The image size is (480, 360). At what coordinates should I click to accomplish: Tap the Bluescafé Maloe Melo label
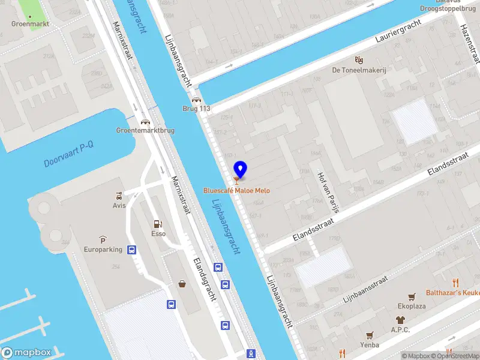coord(236,191)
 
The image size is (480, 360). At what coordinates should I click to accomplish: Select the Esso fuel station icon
coord(158,223)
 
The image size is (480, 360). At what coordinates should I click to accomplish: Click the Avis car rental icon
coord(119,196)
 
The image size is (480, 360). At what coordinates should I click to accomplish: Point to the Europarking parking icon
coord(103,239)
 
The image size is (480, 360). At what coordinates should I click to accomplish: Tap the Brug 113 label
coord(197,109)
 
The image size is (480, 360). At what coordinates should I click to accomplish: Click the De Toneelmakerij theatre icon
coord(359,59)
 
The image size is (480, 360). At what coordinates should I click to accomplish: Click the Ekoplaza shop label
coord(412,305)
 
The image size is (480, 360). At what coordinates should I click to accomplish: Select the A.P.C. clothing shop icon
coord(400,320)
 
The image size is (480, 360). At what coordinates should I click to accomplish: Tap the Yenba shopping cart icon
coord(370,335)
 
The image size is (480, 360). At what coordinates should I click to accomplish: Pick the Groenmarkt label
coord(30,24)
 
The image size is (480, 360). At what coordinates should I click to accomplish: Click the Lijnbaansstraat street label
coord(365,289)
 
